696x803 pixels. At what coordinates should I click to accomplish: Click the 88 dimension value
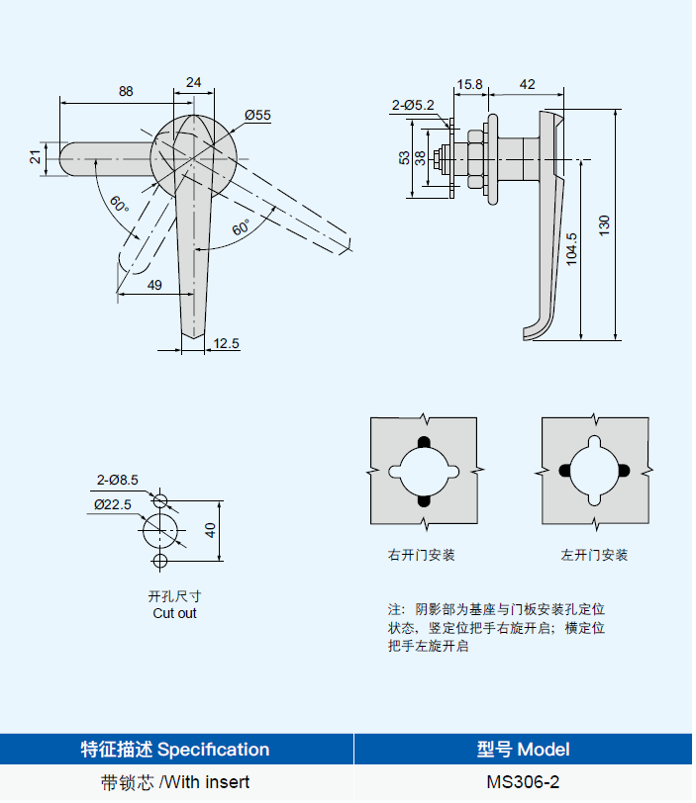tap(126, 91)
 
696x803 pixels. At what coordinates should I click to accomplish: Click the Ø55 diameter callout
tap(257, 116)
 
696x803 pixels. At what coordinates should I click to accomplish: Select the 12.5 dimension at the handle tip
tap(226, 343)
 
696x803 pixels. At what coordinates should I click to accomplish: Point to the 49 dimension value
tap(154, 285)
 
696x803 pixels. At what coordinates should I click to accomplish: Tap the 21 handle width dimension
tap(36, 157)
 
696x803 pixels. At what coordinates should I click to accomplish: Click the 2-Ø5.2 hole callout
tap(413, 104)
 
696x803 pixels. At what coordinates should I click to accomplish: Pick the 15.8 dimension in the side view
tap(469, 85)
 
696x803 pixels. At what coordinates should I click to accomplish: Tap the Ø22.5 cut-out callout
tap(114, 503)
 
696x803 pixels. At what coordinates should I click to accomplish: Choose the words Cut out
tap(174, 613)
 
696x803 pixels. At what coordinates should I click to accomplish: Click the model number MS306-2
tap(523, 782)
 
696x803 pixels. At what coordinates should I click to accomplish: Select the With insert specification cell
tap(175, 782)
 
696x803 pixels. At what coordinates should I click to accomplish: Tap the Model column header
tap(523, 749)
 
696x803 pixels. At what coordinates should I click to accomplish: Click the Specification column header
tap(175, 749)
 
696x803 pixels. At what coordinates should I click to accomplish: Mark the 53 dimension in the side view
tap(404, 158)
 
